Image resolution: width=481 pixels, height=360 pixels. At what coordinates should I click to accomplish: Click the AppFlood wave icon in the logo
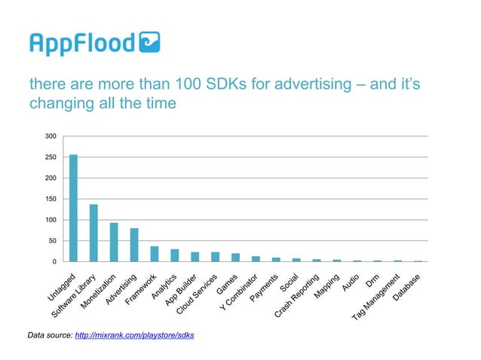click(149, 43)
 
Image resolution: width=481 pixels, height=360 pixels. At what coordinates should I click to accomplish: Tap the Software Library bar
click(93, 233)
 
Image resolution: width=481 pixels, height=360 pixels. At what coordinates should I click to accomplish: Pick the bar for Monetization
click(114, 242)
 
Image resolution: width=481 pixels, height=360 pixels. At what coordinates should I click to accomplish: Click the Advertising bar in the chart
click(134, 245)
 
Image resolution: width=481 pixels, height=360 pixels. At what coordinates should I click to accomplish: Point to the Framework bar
click(155, 254)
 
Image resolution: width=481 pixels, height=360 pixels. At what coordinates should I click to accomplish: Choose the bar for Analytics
click(175, 255)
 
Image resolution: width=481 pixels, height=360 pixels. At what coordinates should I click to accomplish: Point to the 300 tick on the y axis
click(51, 136)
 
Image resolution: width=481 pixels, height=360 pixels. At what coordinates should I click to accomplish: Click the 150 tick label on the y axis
click(51, 199)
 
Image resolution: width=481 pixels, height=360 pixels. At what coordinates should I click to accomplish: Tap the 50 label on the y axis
click(52, 241)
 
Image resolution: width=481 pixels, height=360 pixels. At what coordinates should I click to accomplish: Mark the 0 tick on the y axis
click(54, 261)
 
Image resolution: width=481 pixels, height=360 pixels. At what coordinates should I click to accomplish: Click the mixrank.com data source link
click(135, 334)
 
